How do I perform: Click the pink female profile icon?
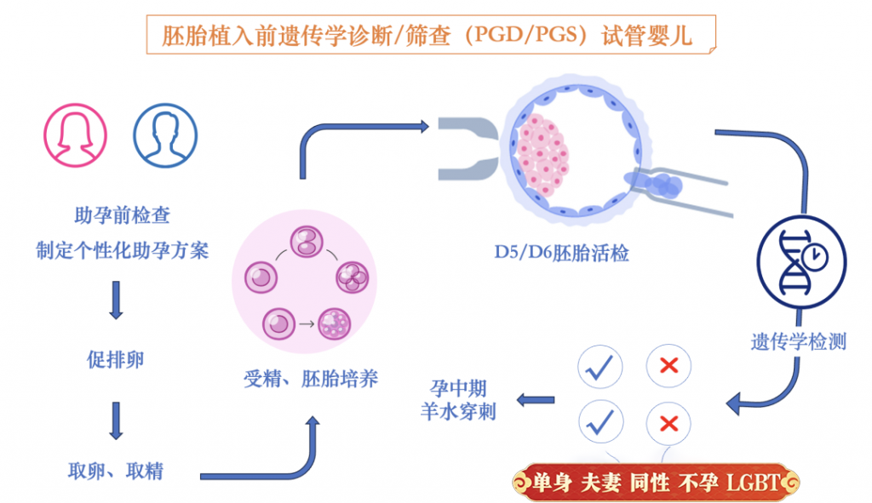76,135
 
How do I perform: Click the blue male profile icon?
165,135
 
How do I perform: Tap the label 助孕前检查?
123,215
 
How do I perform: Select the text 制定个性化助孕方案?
123,250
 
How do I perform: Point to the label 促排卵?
116,360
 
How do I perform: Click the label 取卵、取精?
116,471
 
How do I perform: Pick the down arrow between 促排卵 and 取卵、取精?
116,420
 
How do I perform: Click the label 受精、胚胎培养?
311,379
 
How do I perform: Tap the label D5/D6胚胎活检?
562,253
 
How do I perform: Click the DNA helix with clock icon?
801,262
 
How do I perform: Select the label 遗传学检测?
799,341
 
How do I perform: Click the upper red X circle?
668,366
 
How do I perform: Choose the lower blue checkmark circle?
600,423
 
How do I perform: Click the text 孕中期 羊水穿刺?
458,400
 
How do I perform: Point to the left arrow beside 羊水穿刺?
536,400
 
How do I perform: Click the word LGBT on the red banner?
753,483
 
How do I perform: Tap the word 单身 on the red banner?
552,483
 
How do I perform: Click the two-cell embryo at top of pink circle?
307,242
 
